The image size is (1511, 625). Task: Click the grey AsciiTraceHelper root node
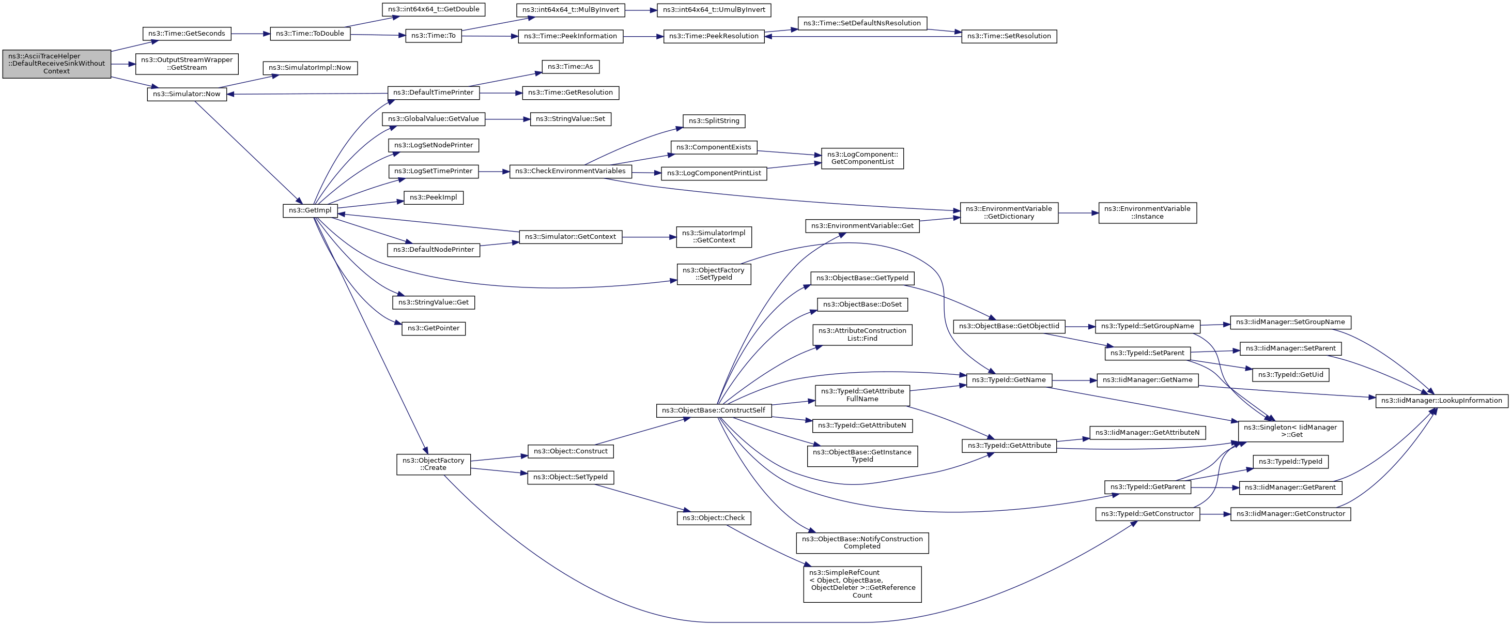click(x=56, y=64)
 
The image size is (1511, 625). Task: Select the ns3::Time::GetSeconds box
click(x=187, y=34)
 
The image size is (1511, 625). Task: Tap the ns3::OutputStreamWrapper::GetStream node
click(x=187, y=64)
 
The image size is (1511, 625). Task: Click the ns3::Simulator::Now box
click(x=187, y=94)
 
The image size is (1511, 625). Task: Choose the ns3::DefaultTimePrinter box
click(x=434, y=93)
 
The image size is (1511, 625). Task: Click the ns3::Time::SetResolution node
click(x=1009, y=36)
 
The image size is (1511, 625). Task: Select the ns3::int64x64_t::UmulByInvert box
click(x=714, y=10)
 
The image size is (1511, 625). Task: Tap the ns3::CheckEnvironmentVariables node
click(x=570, y=171)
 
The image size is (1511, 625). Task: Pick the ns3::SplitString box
click(x=714, y=121)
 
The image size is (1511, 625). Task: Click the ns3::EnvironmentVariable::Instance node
click(x=1147, y=212)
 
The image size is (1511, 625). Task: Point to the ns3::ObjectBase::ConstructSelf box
click(x=713, y=411)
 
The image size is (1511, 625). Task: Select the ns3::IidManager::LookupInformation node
click(x=1441, y=401)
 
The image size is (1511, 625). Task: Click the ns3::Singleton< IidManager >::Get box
click(x=1290, y=431)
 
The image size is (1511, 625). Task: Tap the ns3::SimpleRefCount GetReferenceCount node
click(x=862, y=584)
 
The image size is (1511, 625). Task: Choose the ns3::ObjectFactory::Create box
click(x=434, y=464)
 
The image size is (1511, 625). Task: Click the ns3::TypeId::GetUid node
click(x=1290, y=375)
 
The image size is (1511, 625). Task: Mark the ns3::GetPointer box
click(x=434, y=329)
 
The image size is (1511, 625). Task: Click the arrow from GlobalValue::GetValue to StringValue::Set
click(x=507, y=119)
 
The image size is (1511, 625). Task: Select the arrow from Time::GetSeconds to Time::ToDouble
click(x=251, y=34)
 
